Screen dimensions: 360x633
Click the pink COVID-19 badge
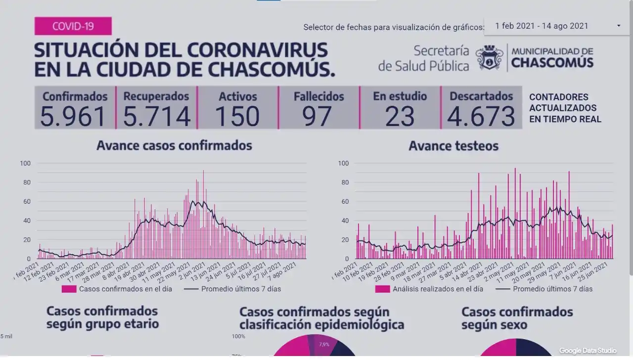point(73,26)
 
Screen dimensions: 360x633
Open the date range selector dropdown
point(556,26)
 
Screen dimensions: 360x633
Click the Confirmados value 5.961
point(74,117)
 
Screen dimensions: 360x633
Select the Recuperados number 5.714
point(156,117)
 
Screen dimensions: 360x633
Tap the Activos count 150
point(237,117)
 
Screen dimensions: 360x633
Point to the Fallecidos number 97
point(318,117)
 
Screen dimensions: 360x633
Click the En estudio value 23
point(400,117)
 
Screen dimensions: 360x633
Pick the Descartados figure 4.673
point(481,117)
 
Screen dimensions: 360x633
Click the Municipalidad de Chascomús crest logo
point(490,58)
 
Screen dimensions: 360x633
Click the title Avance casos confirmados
point(174,145)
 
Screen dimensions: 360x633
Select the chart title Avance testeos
point(453,146)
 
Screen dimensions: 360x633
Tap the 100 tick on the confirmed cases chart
point(25,163)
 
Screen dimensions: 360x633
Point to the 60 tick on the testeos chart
point(344,201)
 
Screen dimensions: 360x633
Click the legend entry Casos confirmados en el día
point(125,289)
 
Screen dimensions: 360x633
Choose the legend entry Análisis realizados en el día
point(438,289)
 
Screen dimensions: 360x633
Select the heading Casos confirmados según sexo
point(517,318)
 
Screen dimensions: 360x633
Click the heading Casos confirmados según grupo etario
point(102,317)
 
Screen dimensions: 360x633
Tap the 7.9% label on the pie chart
point(324,344)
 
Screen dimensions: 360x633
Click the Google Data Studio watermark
point(588,351)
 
